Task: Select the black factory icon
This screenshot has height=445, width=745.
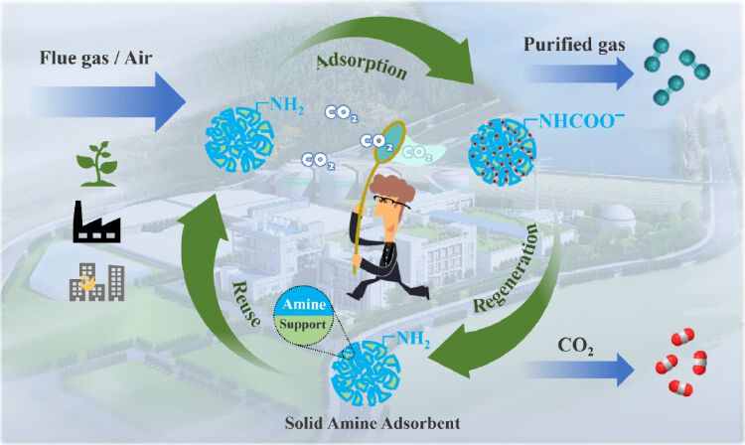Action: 96,222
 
